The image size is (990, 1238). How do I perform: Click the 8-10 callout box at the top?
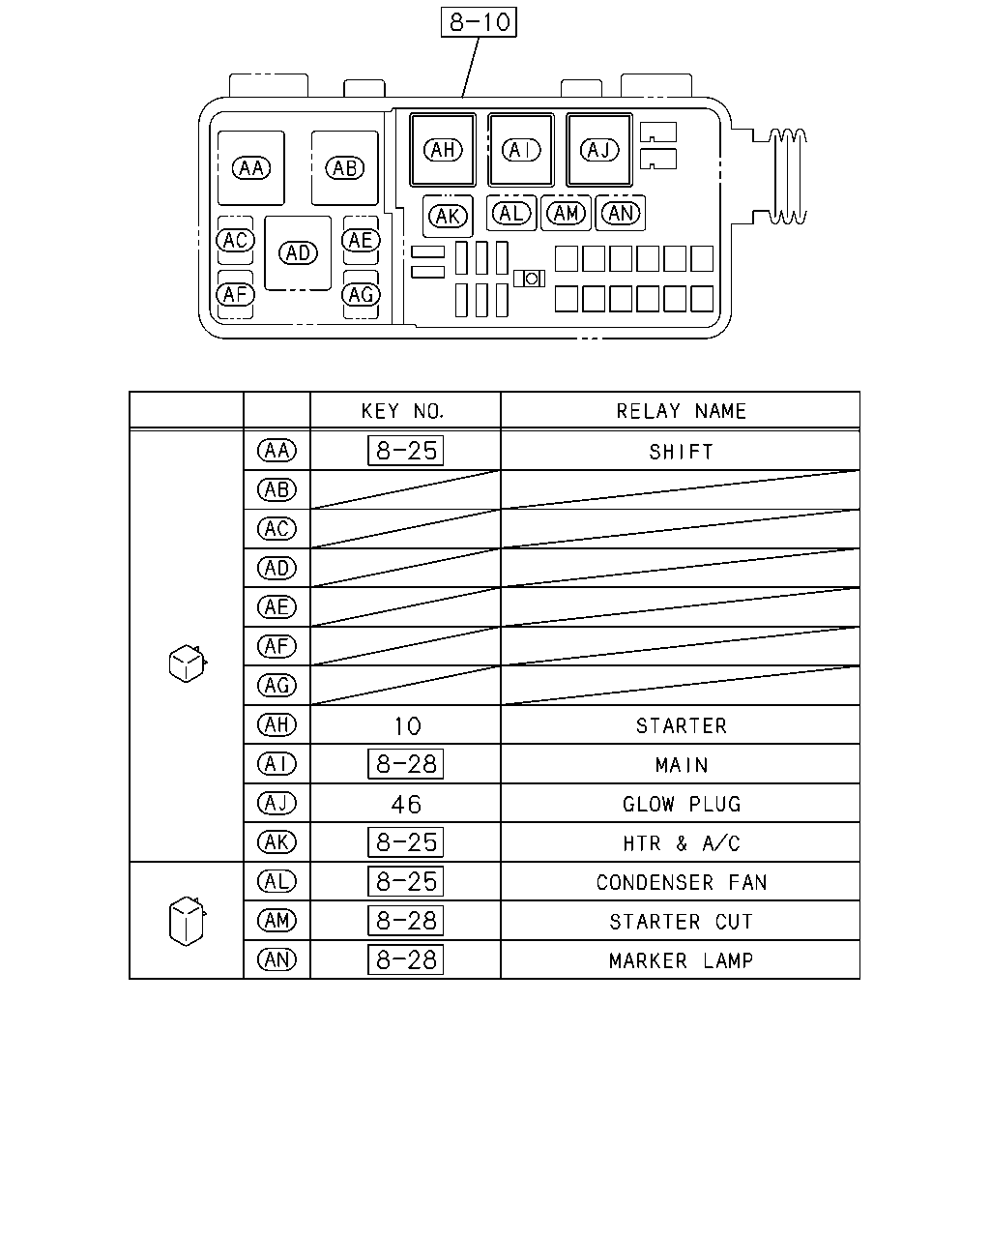(x=479, y=22)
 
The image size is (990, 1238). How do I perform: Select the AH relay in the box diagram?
(x=443, y=150)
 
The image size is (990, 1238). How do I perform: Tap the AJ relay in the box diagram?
(x=598, y=150)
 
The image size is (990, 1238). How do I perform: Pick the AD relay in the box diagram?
(x=298, y=253)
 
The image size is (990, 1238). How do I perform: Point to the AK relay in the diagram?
(x=448, y=217)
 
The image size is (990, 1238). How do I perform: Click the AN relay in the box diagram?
(x=620, y=213)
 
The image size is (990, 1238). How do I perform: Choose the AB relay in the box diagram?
(x=344, y=168)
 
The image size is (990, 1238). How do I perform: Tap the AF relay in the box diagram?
(x=235, y=295)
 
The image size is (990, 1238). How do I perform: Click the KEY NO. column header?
(x=403, y=411)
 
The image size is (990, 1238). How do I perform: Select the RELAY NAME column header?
(x=681, y=411)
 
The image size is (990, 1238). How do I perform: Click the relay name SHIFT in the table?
(x=681, y=452)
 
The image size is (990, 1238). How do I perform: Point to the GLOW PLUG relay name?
(x=682, y=804)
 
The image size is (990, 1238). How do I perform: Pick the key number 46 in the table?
(x=406, y=805)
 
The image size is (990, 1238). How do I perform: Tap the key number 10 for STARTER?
(x=407, y=726)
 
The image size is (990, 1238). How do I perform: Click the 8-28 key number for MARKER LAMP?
(x=405, y=959)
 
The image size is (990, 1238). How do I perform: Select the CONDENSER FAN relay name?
(x=682, y=882)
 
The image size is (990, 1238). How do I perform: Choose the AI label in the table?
(x=277, y=764)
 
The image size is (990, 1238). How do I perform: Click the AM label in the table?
(x=277, y=921)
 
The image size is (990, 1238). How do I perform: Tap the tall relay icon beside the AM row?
(x=188, y=921)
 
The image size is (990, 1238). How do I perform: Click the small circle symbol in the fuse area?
(x=532, y=279)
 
